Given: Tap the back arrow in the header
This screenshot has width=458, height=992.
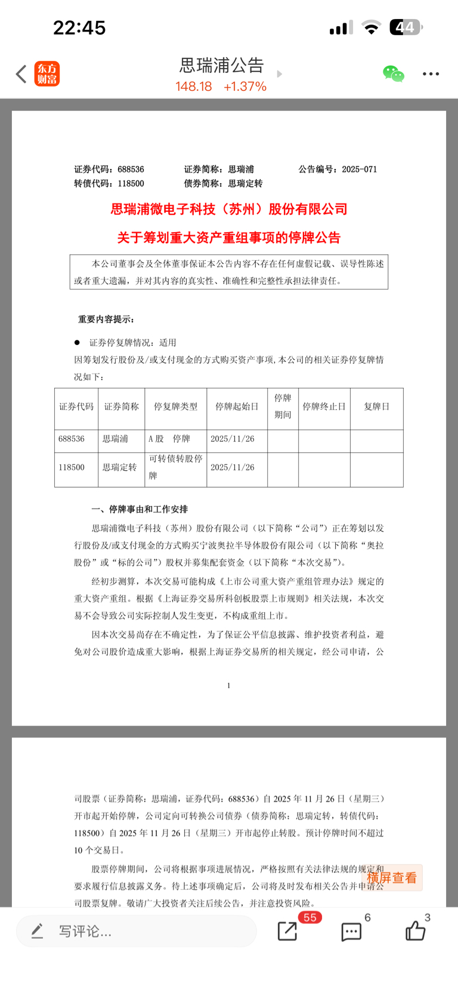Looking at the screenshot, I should (x=21, y=74).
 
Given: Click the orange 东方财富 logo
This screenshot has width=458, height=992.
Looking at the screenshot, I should (x=47, y=73).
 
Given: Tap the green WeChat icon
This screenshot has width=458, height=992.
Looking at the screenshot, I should (x=393, y=74).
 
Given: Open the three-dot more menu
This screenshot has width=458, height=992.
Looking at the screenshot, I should (x=431, y=74).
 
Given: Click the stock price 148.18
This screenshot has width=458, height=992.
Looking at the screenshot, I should (x=193, y=87).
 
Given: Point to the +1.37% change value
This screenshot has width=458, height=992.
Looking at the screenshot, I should (x=245, y=87).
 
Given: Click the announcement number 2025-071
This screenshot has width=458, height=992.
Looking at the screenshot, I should (x=359, y=170).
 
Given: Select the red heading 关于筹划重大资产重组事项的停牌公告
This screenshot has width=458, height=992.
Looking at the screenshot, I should (x=228, y=238).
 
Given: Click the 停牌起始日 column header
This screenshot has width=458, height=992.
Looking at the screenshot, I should (x=237, y=406).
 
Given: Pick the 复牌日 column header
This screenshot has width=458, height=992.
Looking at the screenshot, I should (x=376, y=406).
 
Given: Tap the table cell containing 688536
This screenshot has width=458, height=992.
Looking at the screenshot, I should (x=72, y=439).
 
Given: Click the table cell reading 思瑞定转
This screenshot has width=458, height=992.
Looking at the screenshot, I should (x=119, y=467).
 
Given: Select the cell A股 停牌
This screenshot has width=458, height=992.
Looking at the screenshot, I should (x=169, y=439).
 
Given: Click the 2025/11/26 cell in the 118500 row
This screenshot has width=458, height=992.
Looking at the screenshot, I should (x=233, y=467).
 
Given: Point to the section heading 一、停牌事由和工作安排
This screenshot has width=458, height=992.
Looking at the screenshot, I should (x=140, y=509).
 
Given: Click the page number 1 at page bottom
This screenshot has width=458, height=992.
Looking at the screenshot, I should (x=228, y=685).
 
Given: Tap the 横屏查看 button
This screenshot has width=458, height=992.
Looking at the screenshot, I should (x=392, y=877).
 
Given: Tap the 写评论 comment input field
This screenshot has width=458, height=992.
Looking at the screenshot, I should (x=136, y=931).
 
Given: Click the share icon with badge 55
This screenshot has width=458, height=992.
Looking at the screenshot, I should (x=287, y=931).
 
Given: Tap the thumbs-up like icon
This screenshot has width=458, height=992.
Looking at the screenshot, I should (x=415, y=931).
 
